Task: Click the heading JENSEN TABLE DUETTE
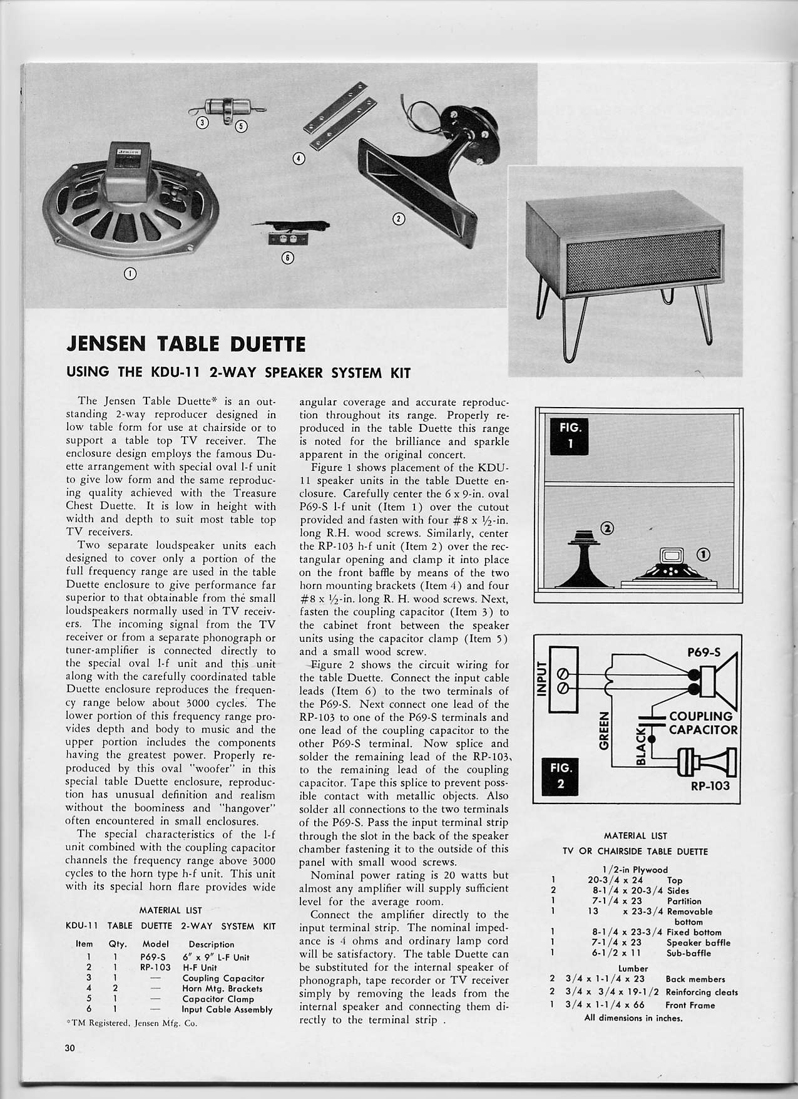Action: (186, 344)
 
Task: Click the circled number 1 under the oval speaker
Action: (131, 273)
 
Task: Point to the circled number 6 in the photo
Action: (288, 257)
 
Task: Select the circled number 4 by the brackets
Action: (299, 158)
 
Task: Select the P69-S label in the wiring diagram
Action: (703, 651)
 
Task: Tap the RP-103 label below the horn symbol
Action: (710, 785)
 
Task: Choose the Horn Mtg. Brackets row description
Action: (222, 988)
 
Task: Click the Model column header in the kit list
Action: (156, 944)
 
